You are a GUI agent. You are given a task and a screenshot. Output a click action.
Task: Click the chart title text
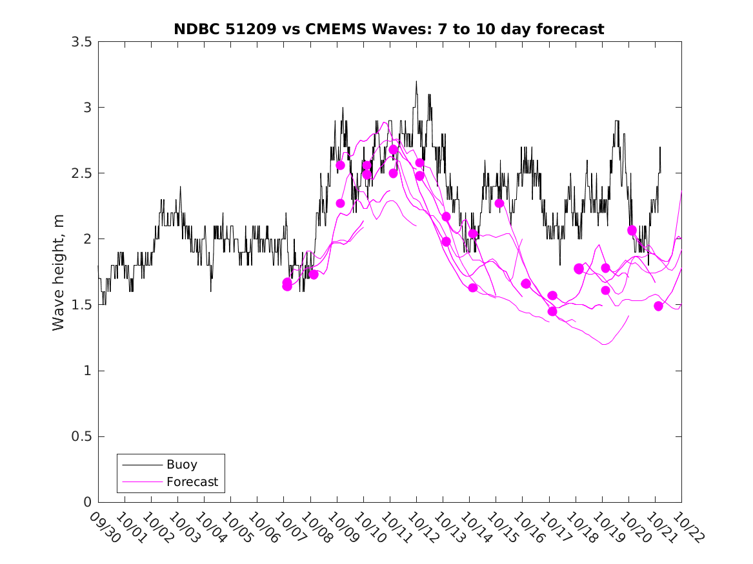coord(389,29)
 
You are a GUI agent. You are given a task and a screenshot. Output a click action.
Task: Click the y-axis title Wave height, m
coord(59,271)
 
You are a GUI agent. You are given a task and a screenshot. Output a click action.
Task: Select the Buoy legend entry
coord(181,464)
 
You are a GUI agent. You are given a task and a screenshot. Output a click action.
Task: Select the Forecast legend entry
coord(192,481)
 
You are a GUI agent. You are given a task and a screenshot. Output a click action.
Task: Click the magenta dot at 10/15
coord(499,203)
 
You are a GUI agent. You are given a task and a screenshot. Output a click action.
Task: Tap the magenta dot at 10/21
coord(658,306)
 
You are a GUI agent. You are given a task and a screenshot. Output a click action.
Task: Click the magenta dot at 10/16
coord(526,284)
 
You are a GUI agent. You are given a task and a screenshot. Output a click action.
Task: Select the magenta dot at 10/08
coord(314,275)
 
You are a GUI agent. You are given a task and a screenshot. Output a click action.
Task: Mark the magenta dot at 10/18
coord(579,269)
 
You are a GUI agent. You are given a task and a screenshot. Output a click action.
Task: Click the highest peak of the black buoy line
coord(416,81)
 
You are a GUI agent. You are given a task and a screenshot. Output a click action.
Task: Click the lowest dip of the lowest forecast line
coord(605,344)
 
